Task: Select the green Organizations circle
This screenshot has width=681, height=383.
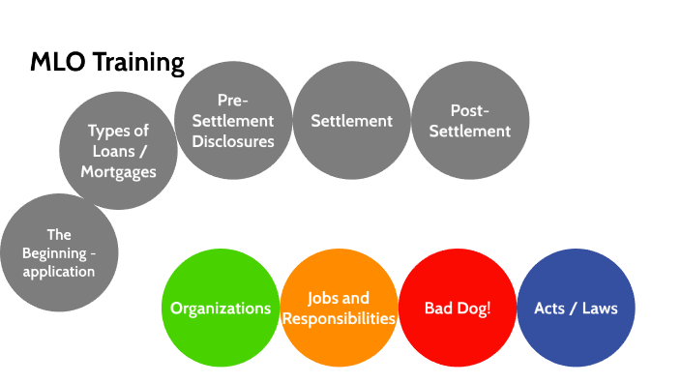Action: click(x=221, y=309)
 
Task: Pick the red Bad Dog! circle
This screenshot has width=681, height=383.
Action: click(x=458, y=309)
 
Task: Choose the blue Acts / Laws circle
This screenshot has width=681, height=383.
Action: click(x=577, y=309)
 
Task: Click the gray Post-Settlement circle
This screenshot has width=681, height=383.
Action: click(x=470, y=121)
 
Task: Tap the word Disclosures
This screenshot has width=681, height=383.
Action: click(x=232, y=141)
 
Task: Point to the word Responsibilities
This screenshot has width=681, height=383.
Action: click(x=340, y=318)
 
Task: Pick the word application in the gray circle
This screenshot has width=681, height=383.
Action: click(x=59, y=272)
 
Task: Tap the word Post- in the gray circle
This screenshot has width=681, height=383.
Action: click(x=470, y=110)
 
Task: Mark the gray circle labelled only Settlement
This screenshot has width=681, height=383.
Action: click(x=351, y=121)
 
